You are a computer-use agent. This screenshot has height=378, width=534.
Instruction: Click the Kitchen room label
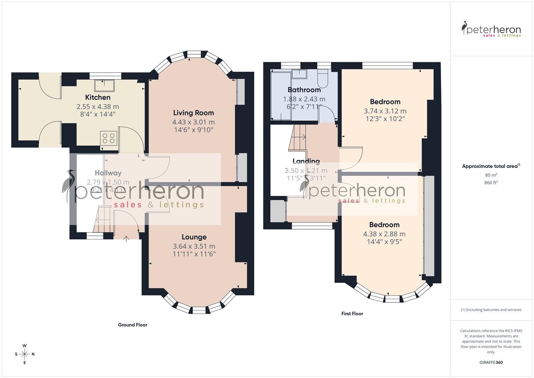98,98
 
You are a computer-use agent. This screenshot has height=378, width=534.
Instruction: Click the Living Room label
193,113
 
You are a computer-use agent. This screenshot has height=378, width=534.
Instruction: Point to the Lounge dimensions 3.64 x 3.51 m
194,246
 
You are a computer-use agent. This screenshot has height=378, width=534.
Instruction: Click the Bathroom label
304,90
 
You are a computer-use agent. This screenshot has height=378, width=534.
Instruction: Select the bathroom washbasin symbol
299,74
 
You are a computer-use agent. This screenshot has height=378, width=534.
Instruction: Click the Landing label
306,161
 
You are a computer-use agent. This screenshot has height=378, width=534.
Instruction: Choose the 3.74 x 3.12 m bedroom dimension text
385,111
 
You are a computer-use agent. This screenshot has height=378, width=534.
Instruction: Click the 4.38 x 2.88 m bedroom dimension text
384,234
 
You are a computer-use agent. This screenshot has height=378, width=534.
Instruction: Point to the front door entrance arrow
126,239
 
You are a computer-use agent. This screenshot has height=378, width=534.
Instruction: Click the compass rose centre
24,354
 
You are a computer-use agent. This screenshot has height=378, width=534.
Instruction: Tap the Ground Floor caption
133,325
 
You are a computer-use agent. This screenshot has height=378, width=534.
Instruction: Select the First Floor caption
352,314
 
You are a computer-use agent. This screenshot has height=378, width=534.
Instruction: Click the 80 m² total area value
491,175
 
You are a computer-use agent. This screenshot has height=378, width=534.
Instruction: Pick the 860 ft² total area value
491,183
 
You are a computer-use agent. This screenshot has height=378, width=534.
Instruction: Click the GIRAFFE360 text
491,362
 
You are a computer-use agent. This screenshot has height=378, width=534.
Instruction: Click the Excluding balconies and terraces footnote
491,310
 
